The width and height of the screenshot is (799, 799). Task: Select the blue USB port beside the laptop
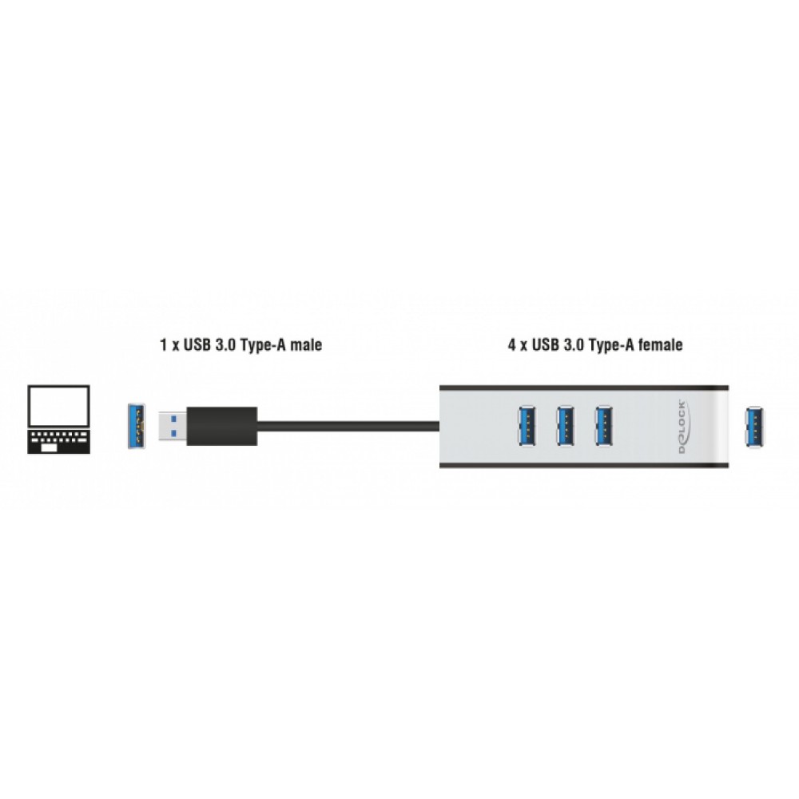pyautogui.click(x=138, y=427)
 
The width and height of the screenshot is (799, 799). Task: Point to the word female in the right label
pyautogui.click(x=661, y=346)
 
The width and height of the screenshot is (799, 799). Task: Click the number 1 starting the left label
pyautogui.click(x=162, y=346)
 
